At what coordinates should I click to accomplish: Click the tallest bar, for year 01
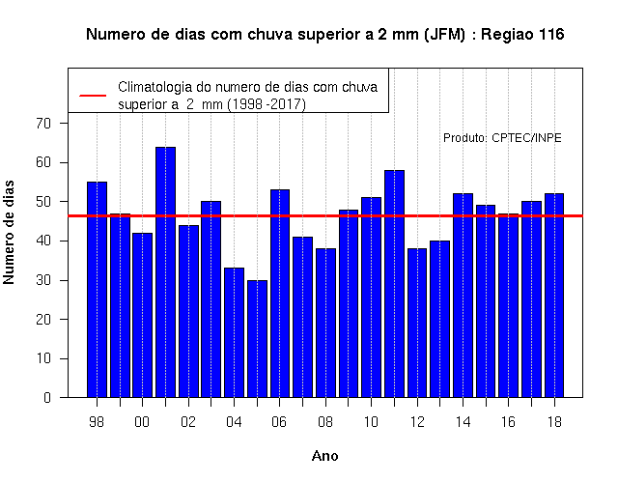pos(165,272)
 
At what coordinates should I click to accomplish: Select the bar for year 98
pos(97,290)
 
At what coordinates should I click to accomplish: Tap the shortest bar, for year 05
pos(258,339)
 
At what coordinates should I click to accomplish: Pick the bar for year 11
pos(395,284)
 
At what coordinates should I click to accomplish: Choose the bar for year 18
pos(554,296)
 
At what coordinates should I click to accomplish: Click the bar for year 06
pos(280,294)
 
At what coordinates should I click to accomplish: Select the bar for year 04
pos(234,332)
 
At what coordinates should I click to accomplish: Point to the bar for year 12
pos(417,323)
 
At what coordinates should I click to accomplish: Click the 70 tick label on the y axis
pos(43,124)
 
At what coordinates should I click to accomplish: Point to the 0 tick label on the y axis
pos(47,397)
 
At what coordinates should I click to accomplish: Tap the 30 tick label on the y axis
pos(43,280)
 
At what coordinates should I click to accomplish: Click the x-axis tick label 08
pos(325,422)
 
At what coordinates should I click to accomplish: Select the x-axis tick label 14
pos(463,422)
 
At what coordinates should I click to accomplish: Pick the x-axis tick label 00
pos(142,422)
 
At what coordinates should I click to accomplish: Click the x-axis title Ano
pos(325,456)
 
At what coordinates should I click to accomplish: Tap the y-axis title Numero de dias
pos(9,233)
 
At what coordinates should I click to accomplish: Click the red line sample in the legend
pos(93,96)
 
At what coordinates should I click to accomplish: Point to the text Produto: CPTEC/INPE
pos(502,137)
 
